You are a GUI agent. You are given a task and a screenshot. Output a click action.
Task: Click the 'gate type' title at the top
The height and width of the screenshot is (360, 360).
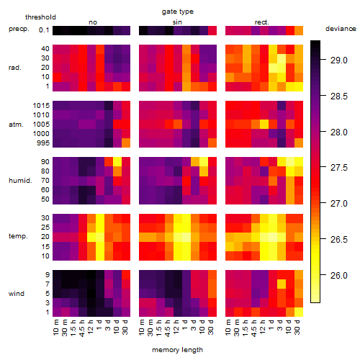point(178,12)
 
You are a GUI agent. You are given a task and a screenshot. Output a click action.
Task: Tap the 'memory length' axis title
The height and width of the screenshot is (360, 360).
point(177,350)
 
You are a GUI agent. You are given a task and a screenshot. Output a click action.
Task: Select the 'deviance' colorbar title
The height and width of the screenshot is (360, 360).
point(341,29)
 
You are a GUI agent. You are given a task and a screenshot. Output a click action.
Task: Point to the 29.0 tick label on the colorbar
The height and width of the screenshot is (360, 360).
point(338,60)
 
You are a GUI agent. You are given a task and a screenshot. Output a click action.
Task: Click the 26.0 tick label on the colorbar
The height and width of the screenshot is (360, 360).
point(338,275)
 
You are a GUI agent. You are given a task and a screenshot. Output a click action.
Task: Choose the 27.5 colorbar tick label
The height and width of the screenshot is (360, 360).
point(338,168)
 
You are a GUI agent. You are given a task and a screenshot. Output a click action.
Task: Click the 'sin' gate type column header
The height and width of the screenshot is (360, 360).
point(177,22)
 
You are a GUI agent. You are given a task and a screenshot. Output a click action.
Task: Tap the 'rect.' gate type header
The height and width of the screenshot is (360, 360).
point(261,22)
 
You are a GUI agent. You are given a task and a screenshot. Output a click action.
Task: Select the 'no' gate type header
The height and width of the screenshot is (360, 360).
point(93,22)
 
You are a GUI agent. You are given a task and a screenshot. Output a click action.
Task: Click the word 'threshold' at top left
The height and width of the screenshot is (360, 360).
point(40,17)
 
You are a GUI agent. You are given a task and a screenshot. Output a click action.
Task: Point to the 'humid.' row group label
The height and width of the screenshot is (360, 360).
point(20,181)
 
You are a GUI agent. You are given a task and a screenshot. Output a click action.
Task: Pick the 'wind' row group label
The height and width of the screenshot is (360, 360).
point(17,294)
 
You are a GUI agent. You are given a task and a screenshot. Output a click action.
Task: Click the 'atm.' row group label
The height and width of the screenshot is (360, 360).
point(16,125)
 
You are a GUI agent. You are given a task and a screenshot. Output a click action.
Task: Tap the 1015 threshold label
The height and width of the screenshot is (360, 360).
point(41,106)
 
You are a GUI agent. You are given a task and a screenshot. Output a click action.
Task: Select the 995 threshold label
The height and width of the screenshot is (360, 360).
point(43,143)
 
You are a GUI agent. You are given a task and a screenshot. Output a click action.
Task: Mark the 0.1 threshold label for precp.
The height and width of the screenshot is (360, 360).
point(44,30)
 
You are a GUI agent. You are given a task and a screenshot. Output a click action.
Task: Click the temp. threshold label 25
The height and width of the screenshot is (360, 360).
point(45,227)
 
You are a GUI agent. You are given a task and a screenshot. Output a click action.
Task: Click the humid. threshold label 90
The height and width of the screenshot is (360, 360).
point(45,162)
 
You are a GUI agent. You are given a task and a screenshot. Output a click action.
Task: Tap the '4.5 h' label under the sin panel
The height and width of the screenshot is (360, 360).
point(168,328)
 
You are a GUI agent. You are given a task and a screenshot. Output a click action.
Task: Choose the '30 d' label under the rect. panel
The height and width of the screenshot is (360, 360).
point(297,327)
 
